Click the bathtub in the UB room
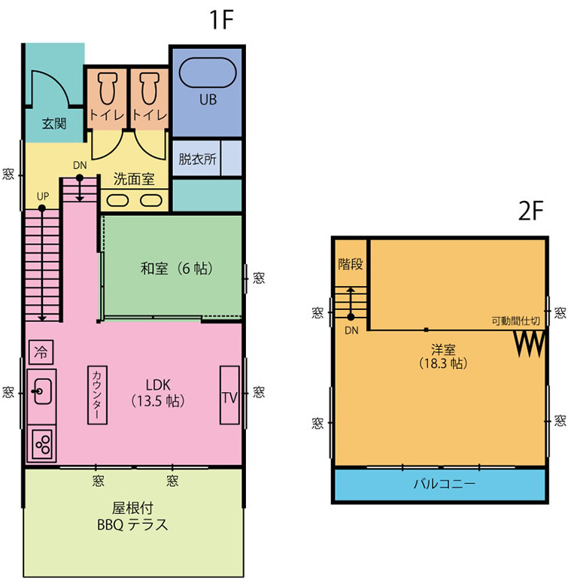click(208, 72)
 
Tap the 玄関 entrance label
click(54, 123)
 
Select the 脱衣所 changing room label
click(197, 159)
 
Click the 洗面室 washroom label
click(134, 179)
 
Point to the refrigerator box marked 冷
click(41, 352)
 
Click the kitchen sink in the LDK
click(42, 391)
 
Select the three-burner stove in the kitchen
click(41, 444)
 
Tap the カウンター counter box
click(97, 395)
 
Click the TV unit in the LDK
click(229, 395)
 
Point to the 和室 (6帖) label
click(176, 268)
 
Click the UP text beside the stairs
click(43, 196)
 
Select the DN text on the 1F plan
click(80, 166)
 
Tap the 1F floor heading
click(222, 20)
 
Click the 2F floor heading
click(530, 211)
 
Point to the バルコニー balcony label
click(444, 484)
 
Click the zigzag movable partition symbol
click(530, 343)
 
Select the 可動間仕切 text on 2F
click(515, 321)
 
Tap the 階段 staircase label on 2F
click(350, 264)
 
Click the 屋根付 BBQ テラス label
click(132, 516)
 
